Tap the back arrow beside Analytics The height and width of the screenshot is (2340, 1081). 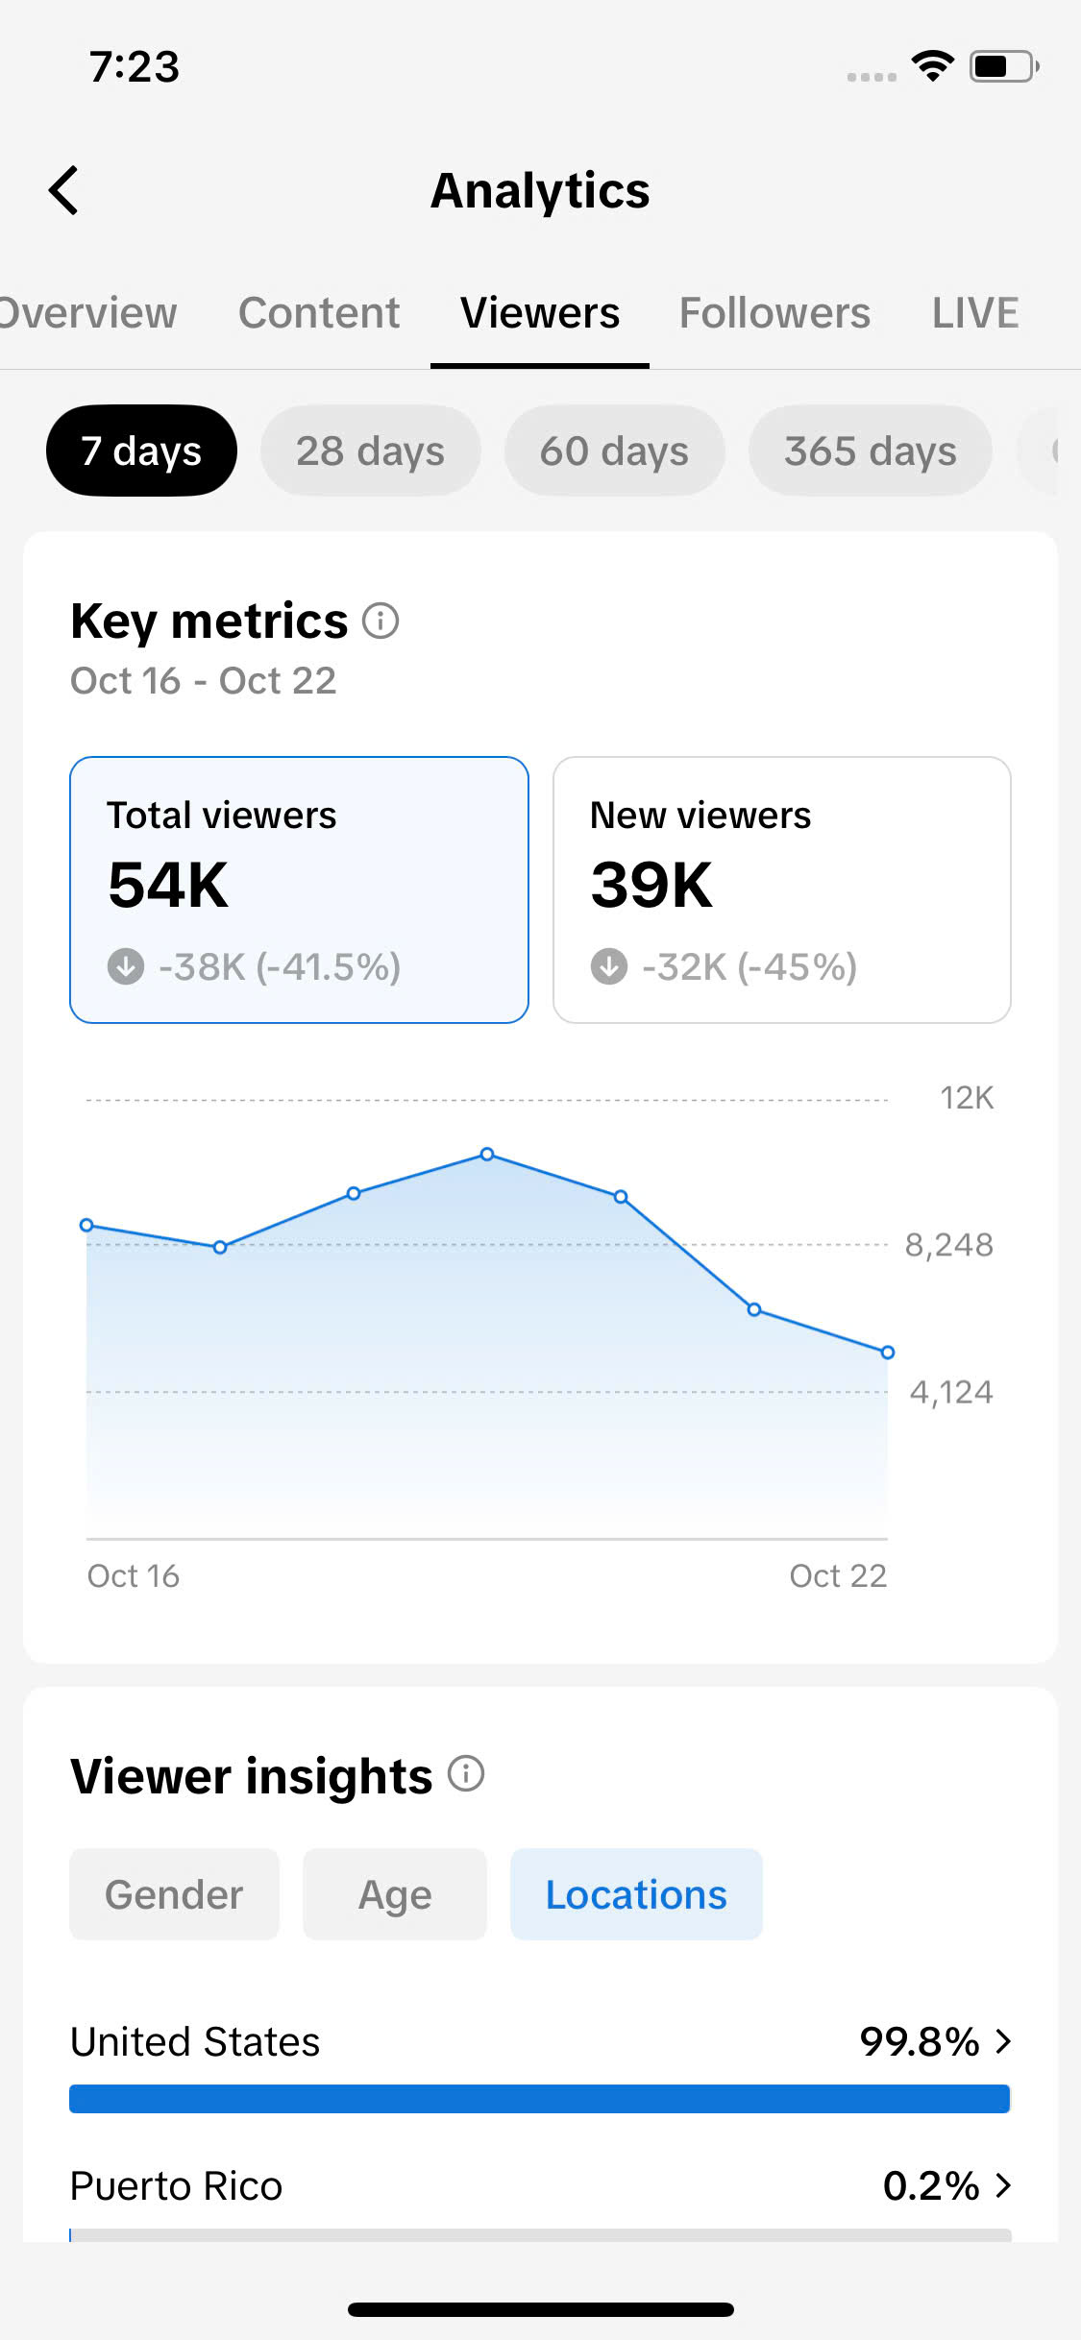coord(64,190)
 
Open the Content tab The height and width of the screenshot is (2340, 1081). coord(319,313)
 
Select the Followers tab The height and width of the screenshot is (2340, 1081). coord(774,313)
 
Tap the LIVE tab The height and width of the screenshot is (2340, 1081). coord(974,313)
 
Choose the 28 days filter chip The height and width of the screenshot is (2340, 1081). coord(370,451)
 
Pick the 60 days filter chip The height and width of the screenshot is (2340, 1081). coord(614,451)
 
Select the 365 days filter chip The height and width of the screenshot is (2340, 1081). coord(870,451)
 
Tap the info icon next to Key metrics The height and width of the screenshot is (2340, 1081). coord(381,621)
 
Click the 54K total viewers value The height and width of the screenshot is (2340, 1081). coord(168,885)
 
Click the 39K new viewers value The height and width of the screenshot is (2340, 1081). coord(651,885)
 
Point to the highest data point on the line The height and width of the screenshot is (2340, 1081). coord(487,1154)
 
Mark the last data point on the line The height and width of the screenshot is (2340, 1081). coord(888,1353)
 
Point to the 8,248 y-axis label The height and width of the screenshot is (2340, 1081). coord(948,1245)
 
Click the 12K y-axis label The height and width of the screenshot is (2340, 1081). coord(966,1098)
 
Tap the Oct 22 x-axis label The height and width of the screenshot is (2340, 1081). coord(837,1575)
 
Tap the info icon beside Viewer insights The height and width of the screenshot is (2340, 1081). coord(466,1773)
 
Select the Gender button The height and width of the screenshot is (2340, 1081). coord(174,1894)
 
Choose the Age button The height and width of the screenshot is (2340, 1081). coord(395,1894)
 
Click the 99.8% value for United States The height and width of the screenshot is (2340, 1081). coord(919,2041)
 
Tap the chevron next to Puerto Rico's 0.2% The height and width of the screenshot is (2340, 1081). coord(1003,2185)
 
